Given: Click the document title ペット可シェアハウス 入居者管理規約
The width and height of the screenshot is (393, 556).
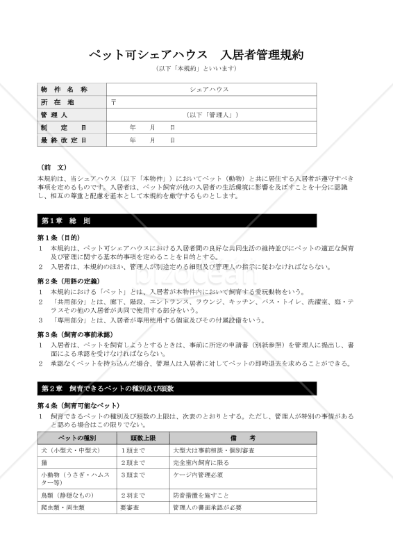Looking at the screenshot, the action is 196,55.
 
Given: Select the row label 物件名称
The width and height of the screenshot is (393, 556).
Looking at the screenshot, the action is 64,90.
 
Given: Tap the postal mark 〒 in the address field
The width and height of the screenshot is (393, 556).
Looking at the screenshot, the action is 114,102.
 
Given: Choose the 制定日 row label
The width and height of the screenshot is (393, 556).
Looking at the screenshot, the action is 64,128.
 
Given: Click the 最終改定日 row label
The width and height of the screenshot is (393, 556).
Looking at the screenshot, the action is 64,140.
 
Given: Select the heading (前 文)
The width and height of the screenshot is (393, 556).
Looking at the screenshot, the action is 54,167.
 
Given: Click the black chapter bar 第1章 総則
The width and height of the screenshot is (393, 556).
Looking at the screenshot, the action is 177,221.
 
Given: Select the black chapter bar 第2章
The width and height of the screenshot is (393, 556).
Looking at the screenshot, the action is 177,388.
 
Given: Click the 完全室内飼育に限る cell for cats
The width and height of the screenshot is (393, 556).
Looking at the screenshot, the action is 196,462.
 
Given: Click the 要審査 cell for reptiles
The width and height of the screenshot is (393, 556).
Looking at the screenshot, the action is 129,508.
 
